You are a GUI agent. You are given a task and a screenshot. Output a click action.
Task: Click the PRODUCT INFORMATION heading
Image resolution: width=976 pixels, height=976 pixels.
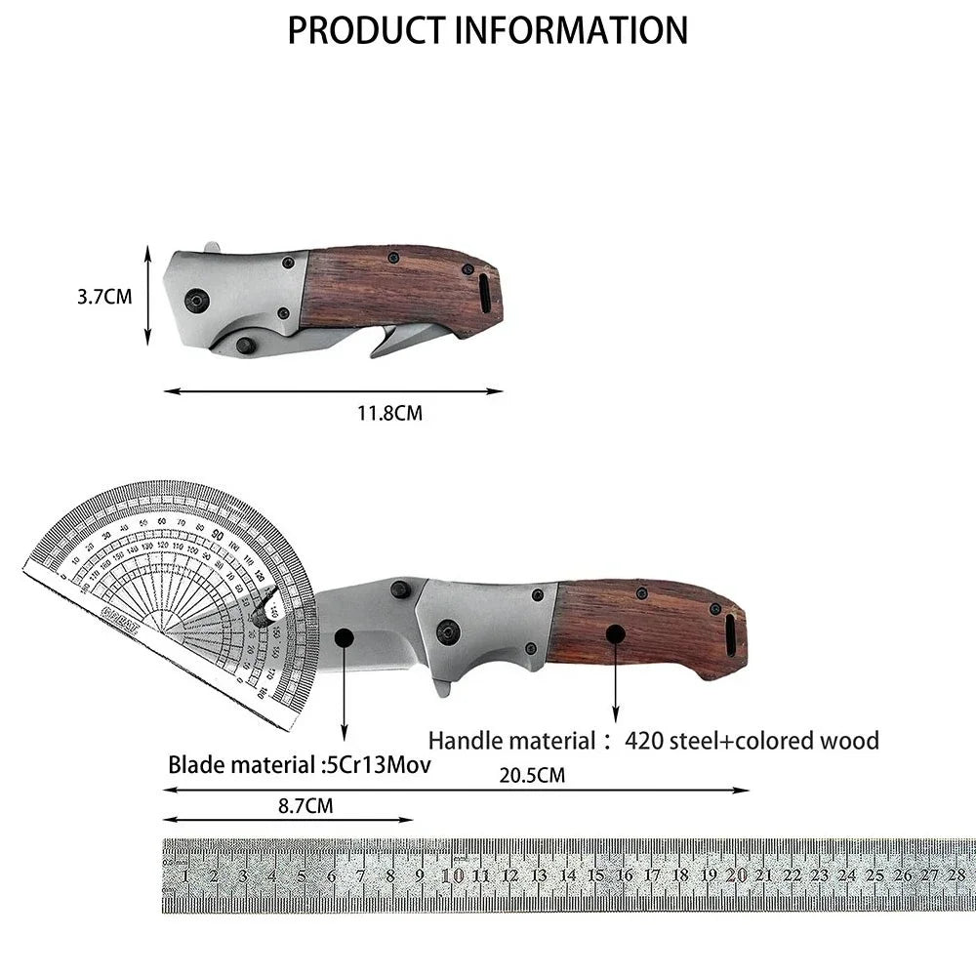pos(487,30)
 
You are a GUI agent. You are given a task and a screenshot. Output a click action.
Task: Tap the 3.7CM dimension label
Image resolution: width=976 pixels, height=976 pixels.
pos(104,297)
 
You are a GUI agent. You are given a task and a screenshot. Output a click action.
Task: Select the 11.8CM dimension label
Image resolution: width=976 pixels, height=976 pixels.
pos(388,413)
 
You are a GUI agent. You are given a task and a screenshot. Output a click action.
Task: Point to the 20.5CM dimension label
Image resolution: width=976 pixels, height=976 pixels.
pos(532,776)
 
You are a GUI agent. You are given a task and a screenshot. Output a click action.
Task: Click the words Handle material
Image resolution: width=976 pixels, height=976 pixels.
pos(511,741)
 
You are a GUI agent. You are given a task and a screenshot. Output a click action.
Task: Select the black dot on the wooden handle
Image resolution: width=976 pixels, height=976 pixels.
pos(615,633)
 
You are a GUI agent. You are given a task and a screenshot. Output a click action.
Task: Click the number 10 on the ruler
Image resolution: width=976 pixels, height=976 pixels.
pos(452,874)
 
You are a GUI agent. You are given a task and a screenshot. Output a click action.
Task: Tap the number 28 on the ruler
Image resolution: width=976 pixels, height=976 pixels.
pos(956,874)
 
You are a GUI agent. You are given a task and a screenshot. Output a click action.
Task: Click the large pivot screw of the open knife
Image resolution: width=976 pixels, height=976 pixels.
pos(450,630)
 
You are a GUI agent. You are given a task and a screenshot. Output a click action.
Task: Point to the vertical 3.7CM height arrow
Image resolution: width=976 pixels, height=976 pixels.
pos(147,295)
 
